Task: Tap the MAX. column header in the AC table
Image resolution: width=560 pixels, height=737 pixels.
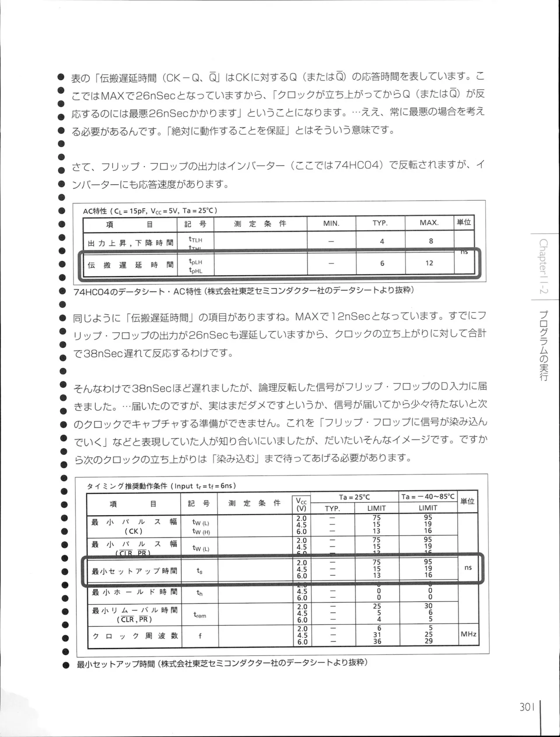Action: [429, 223]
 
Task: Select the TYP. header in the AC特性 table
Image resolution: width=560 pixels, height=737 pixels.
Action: [380, 223]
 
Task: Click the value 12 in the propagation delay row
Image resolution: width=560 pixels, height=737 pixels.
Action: [429, 263]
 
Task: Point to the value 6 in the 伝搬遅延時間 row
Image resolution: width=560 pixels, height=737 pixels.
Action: [382, 263]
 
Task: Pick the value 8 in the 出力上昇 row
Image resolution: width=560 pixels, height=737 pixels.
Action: [430, 241]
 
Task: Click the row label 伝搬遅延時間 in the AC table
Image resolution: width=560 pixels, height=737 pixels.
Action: [130, 265]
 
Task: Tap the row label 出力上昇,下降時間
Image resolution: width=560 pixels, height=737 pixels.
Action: [130, 243]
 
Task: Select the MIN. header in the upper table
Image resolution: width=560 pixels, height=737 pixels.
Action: [331, 223]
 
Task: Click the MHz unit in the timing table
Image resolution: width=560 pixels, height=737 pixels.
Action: [468, 634]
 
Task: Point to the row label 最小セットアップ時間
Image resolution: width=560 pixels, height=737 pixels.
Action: [134, 571]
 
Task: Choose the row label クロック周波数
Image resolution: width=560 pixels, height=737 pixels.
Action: [135, 636]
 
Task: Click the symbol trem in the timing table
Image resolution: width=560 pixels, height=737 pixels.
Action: [200, 615]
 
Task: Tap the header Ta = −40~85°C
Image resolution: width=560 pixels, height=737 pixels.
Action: [428, 497]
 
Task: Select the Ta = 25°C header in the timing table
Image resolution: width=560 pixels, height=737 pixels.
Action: [354, 497]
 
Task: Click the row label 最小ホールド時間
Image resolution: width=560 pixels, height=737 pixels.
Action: [134, 592]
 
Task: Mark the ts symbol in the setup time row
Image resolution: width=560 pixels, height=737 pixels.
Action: [199, 571]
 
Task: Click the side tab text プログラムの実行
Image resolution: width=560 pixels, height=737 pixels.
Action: [544, 346]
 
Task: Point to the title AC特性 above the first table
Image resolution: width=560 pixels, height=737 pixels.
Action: [95, 211]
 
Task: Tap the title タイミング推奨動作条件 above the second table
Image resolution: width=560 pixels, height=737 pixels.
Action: [127, 486]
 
